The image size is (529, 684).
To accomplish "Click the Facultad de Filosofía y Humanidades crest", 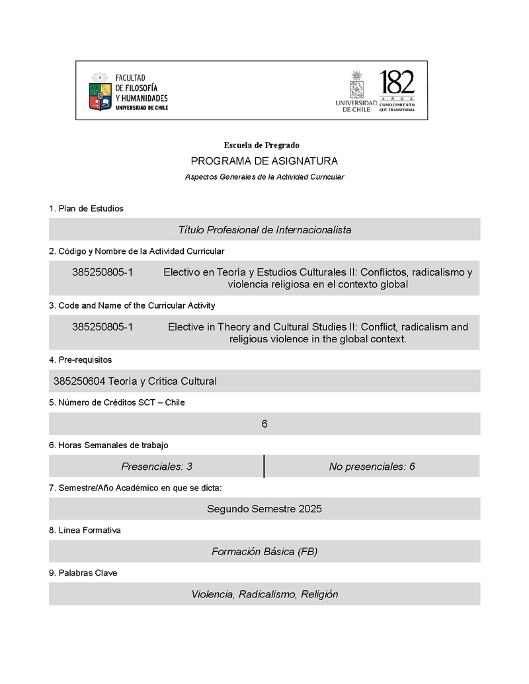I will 101,91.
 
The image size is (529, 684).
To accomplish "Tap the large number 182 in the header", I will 397,83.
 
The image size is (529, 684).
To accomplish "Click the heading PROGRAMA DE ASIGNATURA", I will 264,161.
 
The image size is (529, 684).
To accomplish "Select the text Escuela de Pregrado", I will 262,145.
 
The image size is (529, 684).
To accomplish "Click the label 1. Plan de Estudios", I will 86,209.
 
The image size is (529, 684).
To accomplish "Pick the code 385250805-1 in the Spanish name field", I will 102,272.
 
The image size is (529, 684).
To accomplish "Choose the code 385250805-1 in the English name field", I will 102,326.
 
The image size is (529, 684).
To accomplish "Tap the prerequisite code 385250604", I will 79,381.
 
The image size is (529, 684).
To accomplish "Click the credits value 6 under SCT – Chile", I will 264,424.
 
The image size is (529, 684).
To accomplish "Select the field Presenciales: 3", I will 157,467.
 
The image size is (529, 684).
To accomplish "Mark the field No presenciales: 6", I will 372,467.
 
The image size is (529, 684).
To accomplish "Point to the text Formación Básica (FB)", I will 264,551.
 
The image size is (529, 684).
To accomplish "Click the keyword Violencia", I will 212,594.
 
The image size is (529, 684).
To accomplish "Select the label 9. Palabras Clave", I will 83,573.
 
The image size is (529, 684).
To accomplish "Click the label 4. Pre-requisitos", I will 81,360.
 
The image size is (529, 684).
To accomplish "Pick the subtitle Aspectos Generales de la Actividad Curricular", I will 264,177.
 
